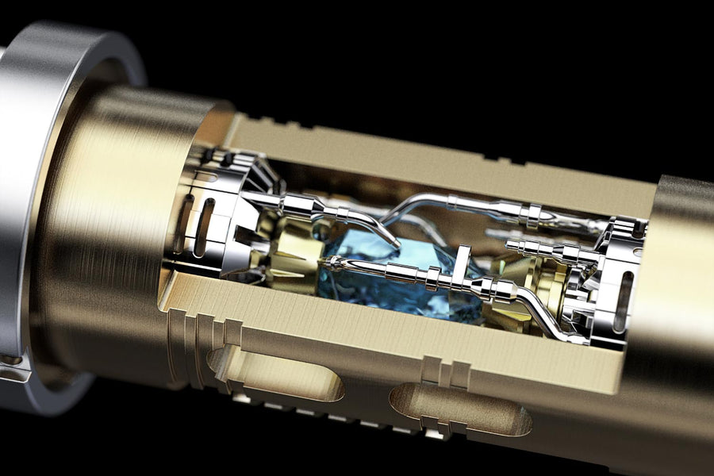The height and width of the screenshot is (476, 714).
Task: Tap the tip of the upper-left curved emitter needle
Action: [397, 246]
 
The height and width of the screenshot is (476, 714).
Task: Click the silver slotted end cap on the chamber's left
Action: [210, 214]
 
